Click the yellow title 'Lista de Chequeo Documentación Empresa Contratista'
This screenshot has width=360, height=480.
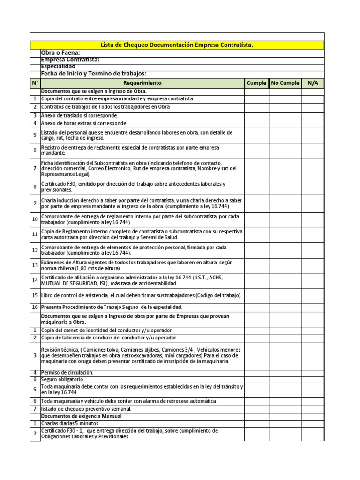(x=177, y=45)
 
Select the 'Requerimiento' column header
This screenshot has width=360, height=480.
(x=142, y=83)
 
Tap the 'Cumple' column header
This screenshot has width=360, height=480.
(x=256, y=83)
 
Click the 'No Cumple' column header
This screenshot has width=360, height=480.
(x=285, y=83)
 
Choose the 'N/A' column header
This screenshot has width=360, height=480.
(x=313, y=83)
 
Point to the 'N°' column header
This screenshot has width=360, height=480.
(x=35, y=83)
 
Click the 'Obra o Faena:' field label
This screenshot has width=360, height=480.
(x=60, y=52)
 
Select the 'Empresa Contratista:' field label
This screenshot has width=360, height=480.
(x=70, y=60)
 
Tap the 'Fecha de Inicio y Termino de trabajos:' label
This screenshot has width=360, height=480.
(x=94, y=73)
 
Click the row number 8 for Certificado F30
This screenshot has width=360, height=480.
(x=35, y=187)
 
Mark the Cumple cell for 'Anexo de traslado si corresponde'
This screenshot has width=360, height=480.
(x=256, y=115)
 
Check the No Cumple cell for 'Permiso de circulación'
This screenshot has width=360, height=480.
(x=285, y=372)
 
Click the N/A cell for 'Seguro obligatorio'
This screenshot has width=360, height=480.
(x=313, y=379)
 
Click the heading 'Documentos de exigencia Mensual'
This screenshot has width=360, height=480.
(x=82, y=416)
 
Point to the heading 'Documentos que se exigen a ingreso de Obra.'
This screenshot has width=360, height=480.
(x=94, y=91)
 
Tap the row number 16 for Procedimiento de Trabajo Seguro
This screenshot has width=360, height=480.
(x=35, y=307)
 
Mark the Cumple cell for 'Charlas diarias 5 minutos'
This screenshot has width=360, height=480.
(x=256, y=423)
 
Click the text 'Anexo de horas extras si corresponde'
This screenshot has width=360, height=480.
(x=83, y=123)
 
